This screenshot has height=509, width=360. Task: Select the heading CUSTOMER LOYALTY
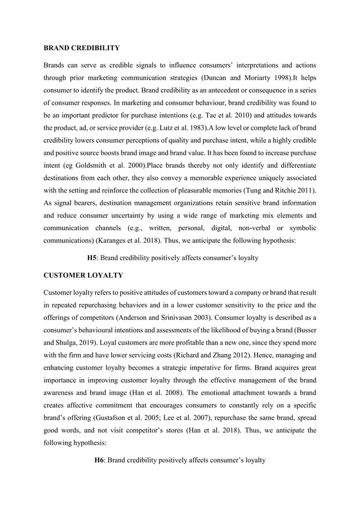tap(82, 275)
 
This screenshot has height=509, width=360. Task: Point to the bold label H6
tap(99, 460)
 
